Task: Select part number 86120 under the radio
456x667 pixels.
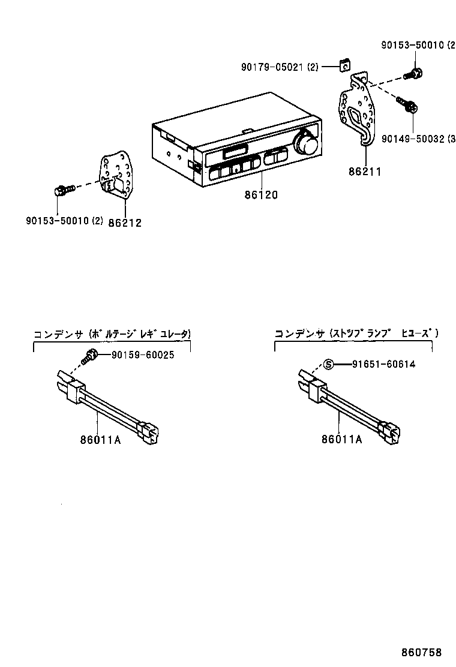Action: tap(262, 195)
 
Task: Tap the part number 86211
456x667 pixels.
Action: tap(365, 172)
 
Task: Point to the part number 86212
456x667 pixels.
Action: tap(125, 223)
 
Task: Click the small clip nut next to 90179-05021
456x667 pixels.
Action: tap(345, 64)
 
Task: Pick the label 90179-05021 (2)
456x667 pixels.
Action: tap(280, 68)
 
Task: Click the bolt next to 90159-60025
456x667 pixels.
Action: tap(91, 355)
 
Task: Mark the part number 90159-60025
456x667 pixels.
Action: tap(142, 354)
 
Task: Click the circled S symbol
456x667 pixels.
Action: tap(328, 364)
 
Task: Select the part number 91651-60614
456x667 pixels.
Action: tap(383, 364)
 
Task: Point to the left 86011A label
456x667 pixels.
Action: tap(100, 440)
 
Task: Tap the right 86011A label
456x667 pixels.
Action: tap(341, 440)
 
